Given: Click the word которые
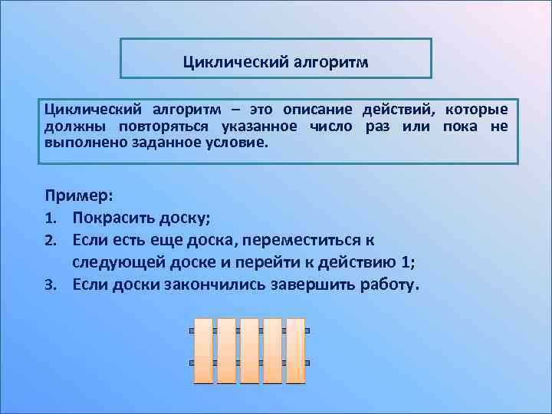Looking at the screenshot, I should pos(476,110).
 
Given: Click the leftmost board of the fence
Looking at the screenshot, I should pos(203,350).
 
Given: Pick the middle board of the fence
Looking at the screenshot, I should pos(249,350).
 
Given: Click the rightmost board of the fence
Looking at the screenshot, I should pos(295,350).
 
